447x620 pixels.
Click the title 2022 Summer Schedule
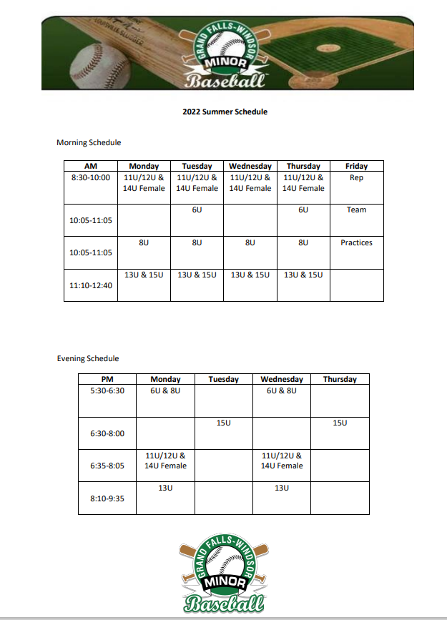[x=225, y=112]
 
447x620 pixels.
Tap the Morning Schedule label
[x=89, y=142]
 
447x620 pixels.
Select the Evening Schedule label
[x=88, y=358]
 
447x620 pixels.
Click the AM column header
[x=91, y=166]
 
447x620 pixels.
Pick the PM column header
[x=107, y=379]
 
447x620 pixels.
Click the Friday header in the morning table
[x=356, y=166]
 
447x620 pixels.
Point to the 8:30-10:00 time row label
[x=91, y=177]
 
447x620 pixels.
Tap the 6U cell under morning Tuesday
[x=197, y=210]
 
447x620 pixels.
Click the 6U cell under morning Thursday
[x=303, y=210]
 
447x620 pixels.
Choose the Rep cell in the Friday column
[x=356, y=177]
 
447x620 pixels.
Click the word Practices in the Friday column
[x=356, y=242]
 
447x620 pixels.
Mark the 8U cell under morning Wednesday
[x=250, y=242]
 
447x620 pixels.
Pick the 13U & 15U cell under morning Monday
[x=144, y=275]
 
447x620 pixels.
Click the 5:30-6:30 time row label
[x=107, y=390]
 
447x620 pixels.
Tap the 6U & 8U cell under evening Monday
[x=165, y=390]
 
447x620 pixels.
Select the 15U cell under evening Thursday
[x=340, y=423]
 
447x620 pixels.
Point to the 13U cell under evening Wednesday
[x=282, y=488]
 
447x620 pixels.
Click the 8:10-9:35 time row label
[x=107, y=498]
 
